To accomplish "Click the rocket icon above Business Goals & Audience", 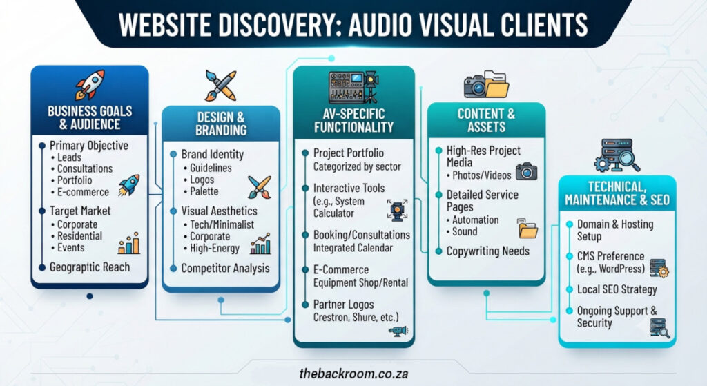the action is [x=90, y=84].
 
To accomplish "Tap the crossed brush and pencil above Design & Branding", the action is [x=220, y=85].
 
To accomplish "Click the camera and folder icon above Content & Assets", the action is [x=487, y=84].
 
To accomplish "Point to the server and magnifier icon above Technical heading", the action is [x=617, y=155].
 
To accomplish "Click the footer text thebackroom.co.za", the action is [x=354, y=374].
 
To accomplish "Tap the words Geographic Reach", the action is [x=90, y=267].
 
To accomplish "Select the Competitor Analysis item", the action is [x=226, y=269].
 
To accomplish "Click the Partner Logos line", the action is [x=344, y=305].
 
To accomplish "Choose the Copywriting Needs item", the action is [x=488, y=251].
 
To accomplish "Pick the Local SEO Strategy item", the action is [x=617, y=289].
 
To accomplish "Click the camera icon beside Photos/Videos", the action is [x=526, y=171].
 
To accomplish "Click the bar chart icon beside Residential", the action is [x=129, y=244].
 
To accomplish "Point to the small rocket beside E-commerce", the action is [x=129, y=185].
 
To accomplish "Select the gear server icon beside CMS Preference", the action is [x=659, y=268].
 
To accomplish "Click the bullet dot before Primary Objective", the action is [x=42, y=146].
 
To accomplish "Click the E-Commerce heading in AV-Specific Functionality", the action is [x=341, y=270].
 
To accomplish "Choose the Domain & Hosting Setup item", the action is [x=615, y=230].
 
